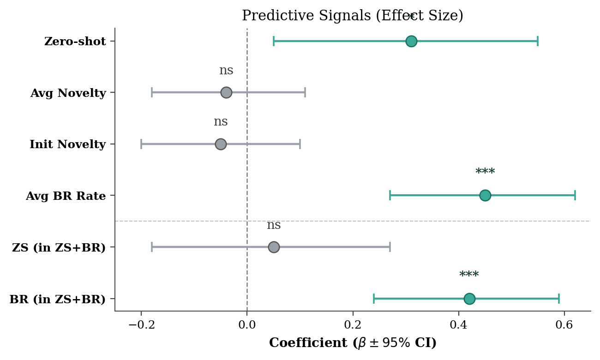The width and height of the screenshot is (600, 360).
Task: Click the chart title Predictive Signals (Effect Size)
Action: point(352,16)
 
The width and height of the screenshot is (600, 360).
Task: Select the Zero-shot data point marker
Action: point(411,41)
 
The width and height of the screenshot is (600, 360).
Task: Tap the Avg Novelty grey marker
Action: point(226,92)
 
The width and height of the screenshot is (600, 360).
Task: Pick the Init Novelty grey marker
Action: point(221,144)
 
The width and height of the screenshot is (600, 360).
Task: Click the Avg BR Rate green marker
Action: point(485,195)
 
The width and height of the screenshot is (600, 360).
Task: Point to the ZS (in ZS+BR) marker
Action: point(274,247)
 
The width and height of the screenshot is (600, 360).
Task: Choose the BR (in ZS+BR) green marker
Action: point(469,299)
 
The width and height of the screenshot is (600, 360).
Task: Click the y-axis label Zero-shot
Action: point(75,42)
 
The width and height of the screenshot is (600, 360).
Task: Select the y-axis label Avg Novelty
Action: point(68,93)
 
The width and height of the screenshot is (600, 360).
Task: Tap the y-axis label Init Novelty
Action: point(67,144)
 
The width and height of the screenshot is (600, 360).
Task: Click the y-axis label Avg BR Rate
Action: point(66,196)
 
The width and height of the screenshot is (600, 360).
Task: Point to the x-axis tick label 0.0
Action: point(247,325)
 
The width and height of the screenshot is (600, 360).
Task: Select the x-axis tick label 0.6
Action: point(564,325)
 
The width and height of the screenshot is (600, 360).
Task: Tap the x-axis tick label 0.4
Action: point(458,325)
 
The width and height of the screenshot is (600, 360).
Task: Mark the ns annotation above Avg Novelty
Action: point(226,71)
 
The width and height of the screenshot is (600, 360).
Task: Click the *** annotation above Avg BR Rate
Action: point(485,172)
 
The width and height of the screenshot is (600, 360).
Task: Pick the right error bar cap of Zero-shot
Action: point(537,41)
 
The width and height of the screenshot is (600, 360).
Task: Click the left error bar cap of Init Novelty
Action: point(141,144)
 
